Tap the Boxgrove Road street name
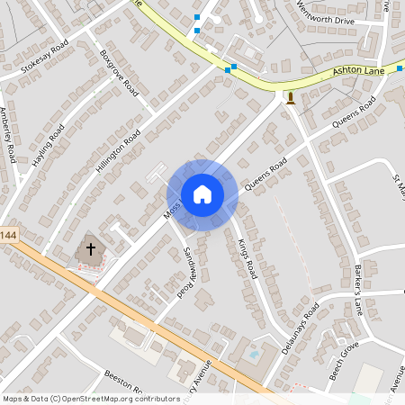click(x=121, y=74)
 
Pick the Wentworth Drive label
click(x=327, y=16)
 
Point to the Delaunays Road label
click(x=301, y=328)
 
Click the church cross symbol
click(x=90, y=249)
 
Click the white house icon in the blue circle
click(x=202, y=194)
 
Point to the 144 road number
click(x=8, y=235)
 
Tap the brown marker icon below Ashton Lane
click(x=290, y=97)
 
